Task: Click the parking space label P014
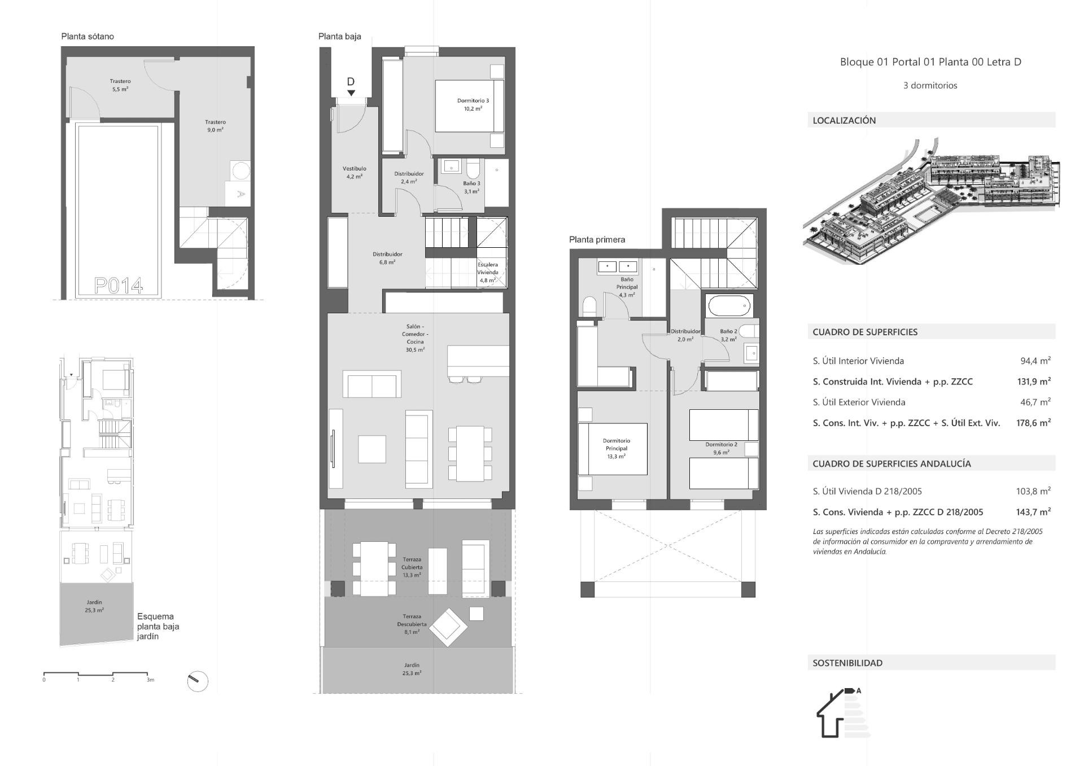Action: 119,286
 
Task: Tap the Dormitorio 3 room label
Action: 473,104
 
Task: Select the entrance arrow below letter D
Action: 351,93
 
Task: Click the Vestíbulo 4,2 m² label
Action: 355,172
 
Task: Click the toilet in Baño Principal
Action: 589,307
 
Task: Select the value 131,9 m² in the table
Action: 1033,382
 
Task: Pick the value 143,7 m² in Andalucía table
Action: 1033,512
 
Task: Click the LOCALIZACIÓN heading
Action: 844,120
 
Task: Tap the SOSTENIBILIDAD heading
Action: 847,663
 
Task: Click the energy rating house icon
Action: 836,714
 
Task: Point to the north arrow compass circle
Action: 198,681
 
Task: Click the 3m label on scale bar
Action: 150,680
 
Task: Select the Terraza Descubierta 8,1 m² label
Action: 412,624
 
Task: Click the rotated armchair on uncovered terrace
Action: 448,627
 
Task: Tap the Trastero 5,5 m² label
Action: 120,85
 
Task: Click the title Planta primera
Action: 597,239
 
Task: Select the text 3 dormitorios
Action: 930,86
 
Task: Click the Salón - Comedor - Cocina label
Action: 415,338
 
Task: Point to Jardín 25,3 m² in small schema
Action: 94,606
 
